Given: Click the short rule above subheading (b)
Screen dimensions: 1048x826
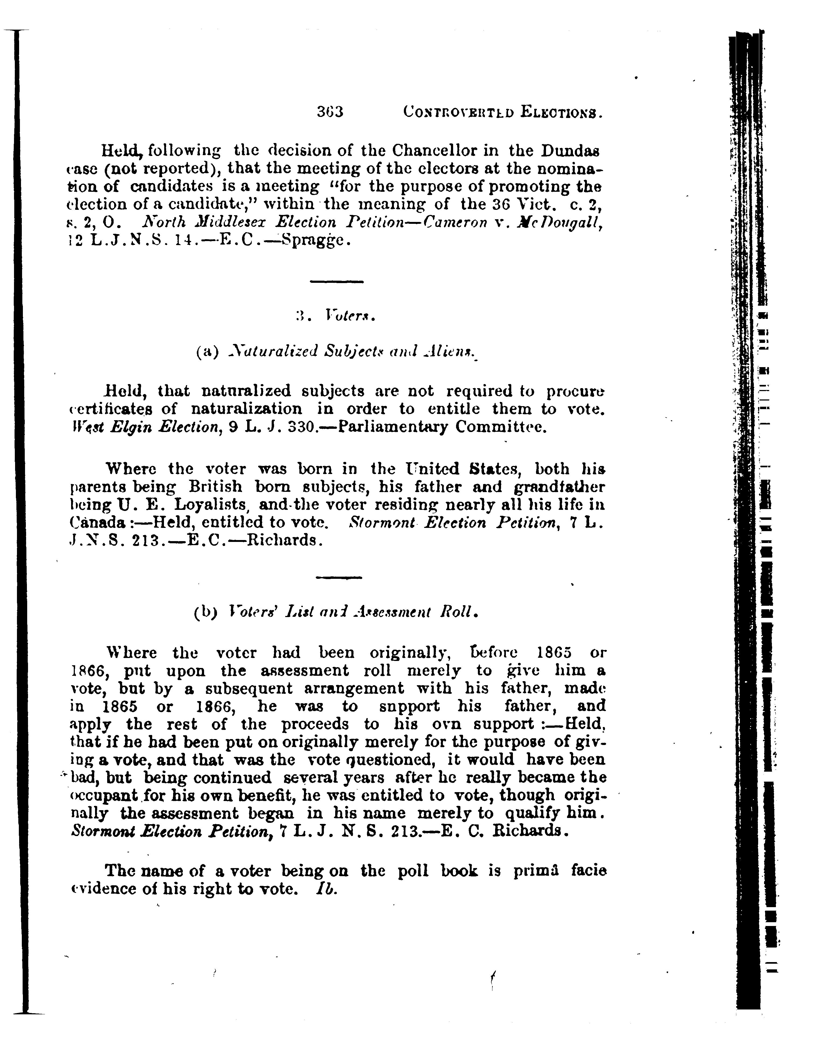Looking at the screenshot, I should click(x=338, y=577).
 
